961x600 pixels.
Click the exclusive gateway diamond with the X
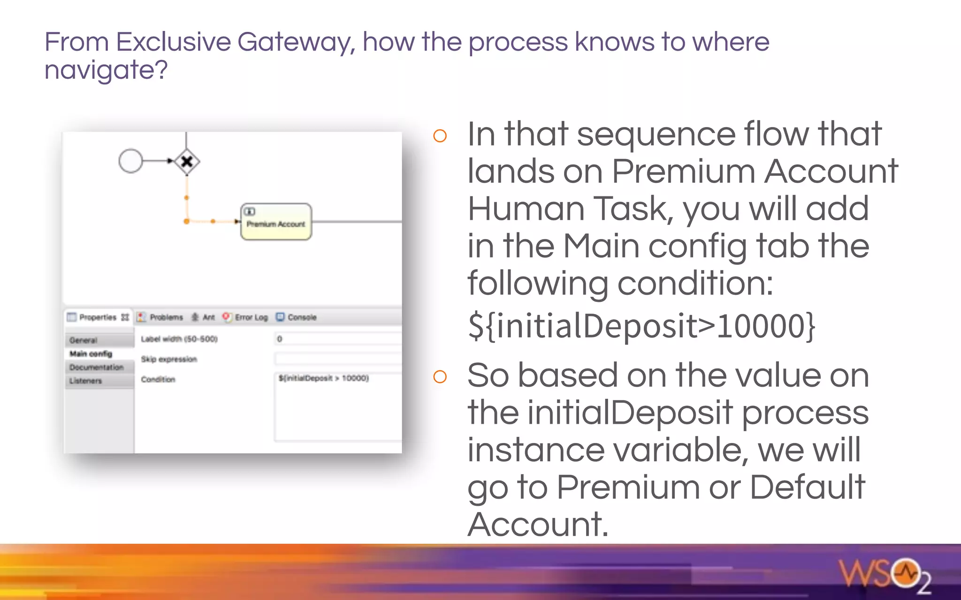click(x=187, y=162)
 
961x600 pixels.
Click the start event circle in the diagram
click(x=130, y=161)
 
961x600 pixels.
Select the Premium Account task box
click(x=276, y=222)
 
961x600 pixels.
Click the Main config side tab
click(x=91, y=353)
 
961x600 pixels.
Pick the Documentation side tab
click(x=97, y=367)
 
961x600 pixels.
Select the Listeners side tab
click(x=85, y=381)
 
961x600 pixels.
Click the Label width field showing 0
click(x=338, y=339)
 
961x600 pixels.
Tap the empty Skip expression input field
click(x=338, y=359)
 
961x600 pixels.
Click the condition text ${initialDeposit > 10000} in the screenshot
click(x=324, y=378)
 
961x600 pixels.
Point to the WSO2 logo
click(x=885, y=575)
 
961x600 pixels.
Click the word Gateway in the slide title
click(x=296, y=42)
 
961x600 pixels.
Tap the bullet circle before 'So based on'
click(x=440, y=376)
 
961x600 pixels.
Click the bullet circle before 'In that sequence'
click(x=440, y=136)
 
